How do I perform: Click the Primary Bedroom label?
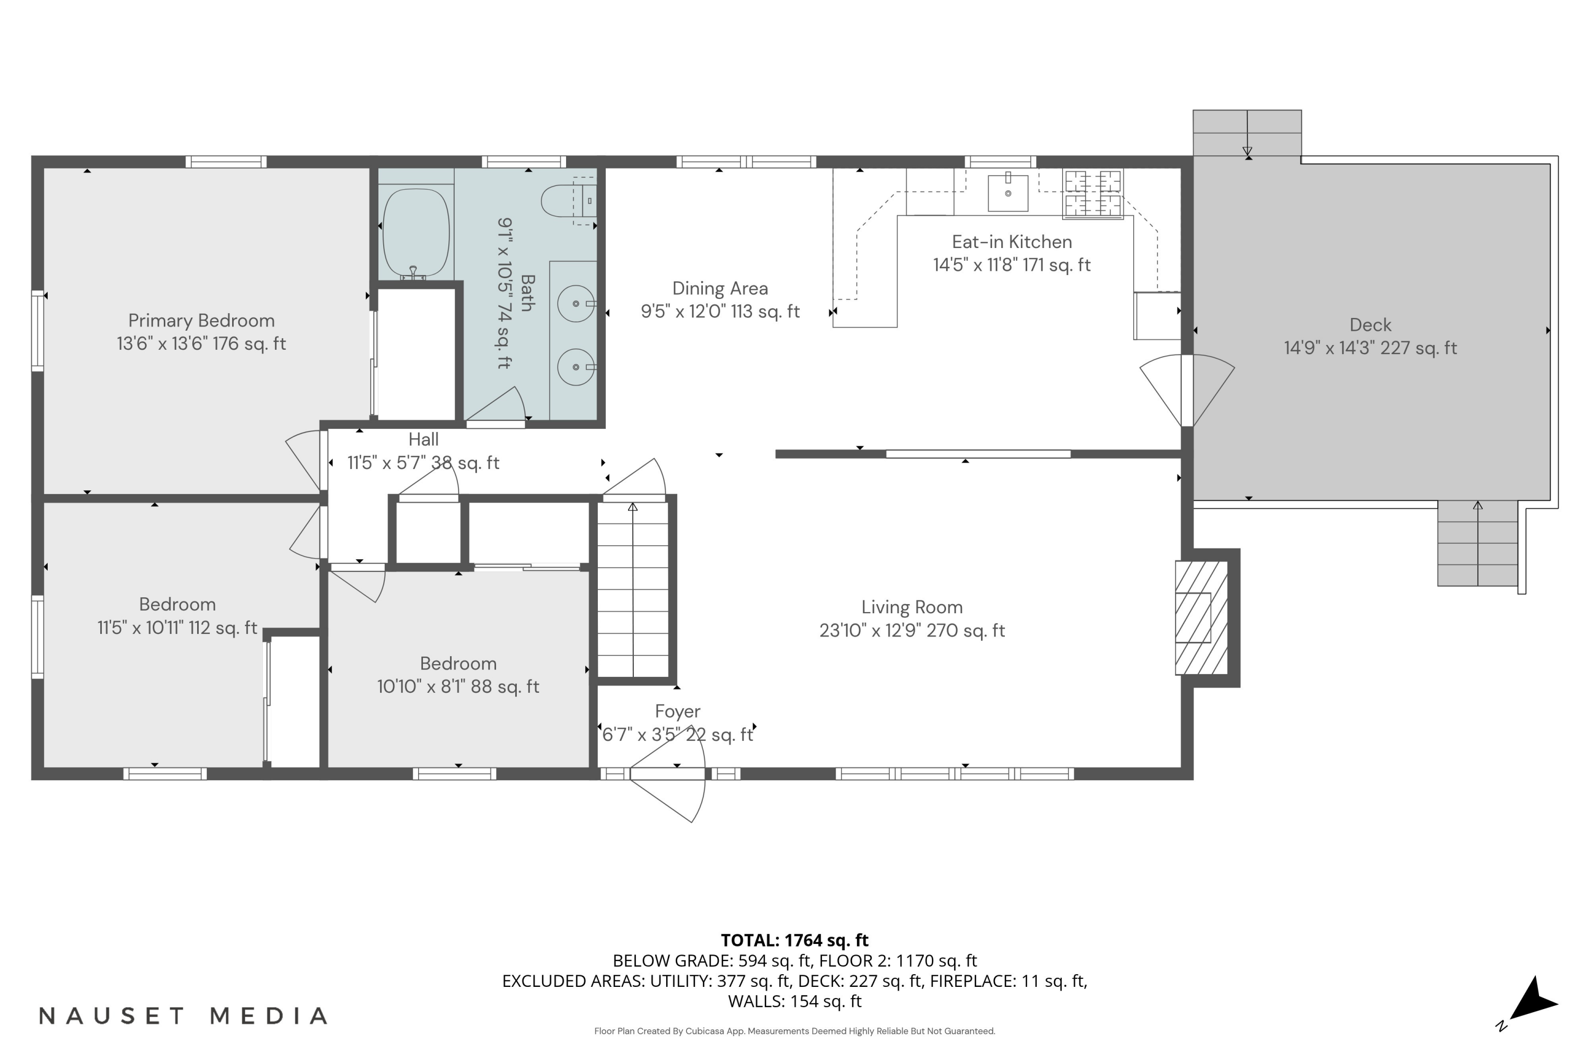[x=201, y=321]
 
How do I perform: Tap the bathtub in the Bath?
[x=416, y=231]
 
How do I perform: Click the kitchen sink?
[x=1008, y=193]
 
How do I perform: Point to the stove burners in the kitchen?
[x=1092, y=194]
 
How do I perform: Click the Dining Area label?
[x=720, y=289]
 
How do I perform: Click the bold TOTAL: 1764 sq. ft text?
[x=794, y=940]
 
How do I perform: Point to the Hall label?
[x=423, y=439]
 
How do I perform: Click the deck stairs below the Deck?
[x=1477, y=544]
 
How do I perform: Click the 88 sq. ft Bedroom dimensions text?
[x=458, y=687]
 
